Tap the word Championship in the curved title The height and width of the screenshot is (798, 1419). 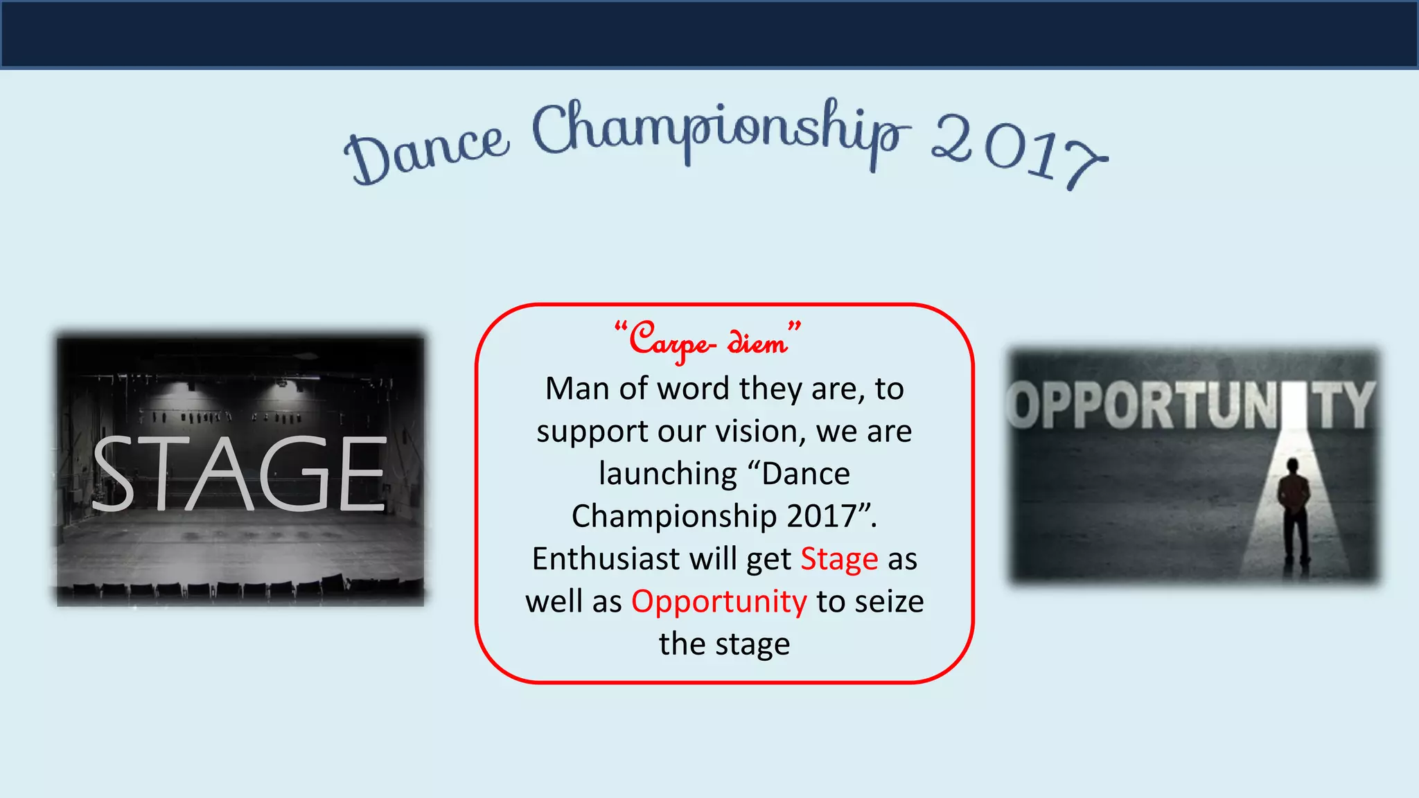click(721, 132)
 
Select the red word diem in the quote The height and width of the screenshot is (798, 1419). click(757, 342)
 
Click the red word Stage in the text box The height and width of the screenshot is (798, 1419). click(839, 559)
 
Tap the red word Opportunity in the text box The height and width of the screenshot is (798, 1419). click(719, 601)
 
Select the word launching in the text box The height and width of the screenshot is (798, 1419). click(668, 475)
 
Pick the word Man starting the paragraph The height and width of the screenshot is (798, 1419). click(578, 389)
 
